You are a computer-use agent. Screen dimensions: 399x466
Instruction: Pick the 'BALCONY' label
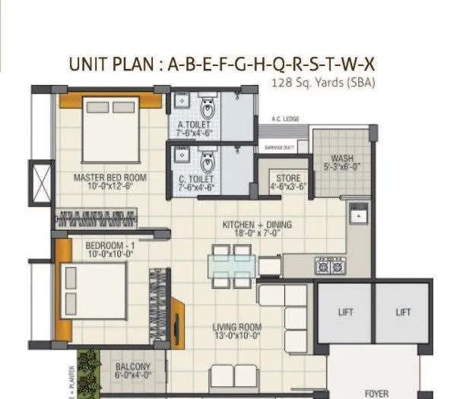coord(133,368)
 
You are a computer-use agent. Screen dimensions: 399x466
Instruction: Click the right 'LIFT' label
coord(403,312)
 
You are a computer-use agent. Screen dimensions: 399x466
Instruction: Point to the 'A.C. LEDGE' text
coord(286,119)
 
